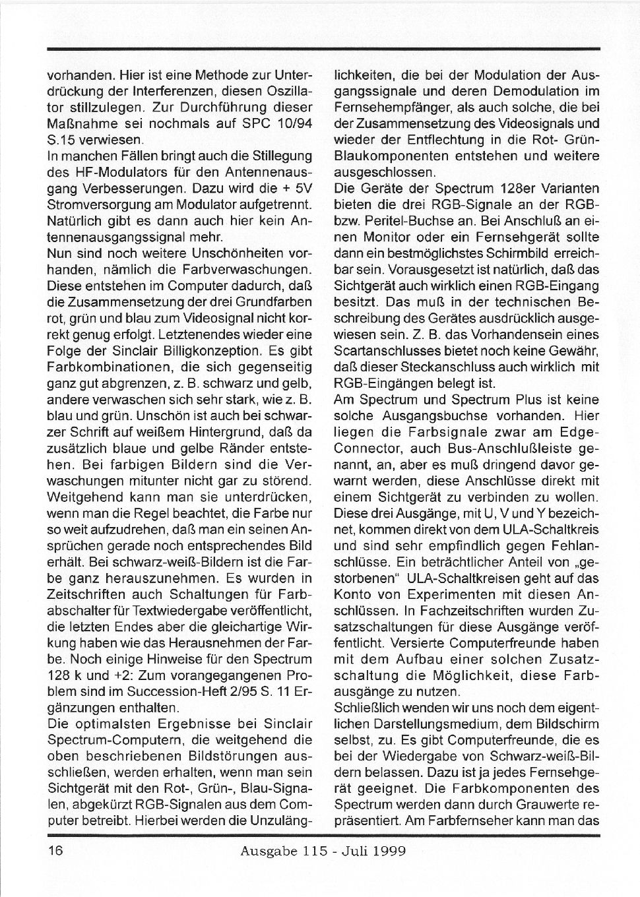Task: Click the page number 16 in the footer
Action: [x=55, y=850]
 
